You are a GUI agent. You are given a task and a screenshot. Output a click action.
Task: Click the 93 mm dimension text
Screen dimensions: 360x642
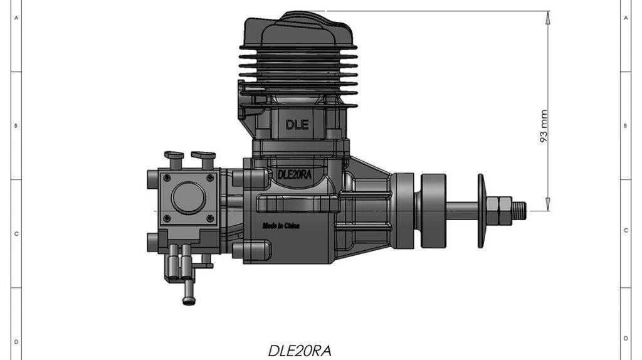[x=544, y=127]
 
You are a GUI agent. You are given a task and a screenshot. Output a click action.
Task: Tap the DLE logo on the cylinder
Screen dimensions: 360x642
[x=297, y=124]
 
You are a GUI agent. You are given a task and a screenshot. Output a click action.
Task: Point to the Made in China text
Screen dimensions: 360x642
[x=280, y=225]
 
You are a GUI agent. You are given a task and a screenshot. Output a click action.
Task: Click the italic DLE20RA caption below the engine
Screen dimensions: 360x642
[x=299, y=350]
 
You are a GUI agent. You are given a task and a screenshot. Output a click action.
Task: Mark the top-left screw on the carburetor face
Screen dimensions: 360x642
[x=166, y=178]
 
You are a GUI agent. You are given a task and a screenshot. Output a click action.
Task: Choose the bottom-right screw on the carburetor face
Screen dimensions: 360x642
[x=210, y=218]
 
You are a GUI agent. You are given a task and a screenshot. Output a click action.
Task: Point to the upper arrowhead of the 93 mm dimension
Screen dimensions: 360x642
[x=548, y=17]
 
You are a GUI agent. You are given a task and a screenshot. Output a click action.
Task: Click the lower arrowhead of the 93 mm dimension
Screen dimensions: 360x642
[x=548, y=203]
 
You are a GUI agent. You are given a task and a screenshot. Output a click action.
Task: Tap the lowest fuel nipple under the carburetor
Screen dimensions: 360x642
[x=188, y=295]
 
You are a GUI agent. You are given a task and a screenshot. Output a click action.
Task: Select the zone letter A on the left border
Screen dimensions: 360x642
[x=16, y=18]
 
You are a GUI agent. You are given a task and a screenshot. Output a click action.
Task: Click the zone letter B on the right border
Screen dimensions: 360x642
[x=626, y=125]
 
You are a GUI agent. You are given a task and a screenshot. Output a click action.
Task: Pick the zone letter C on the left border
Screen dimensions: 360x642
[x=16, y=233]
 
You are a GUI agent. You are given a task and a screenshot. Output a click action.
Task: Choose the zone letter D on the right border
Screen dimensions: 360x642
[x=626, y=340]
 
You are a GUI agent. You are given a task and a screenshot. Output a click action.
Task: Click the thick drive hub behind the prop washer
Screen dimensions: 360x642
[x=434, y=206]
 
